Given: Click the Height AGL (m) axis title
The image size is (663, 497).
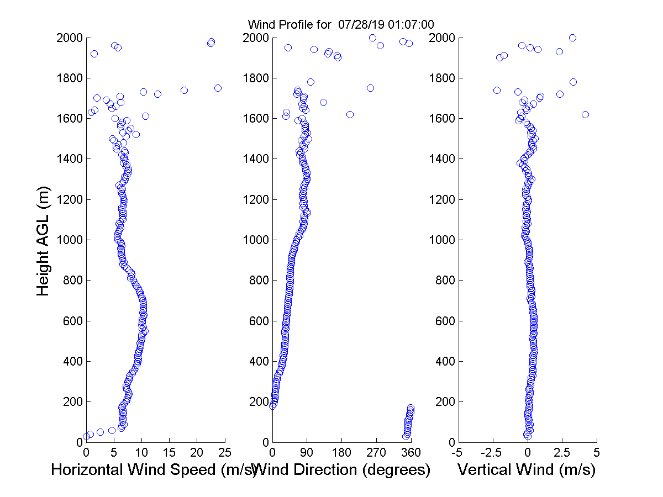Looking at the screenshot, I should [x=44, y=240].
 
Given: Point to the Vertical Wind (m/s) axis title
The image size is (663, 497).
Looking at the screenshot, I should [x=527, y=470].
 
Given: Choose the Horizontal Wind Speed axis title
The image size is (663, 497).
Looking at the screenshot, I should [x=154, y=470].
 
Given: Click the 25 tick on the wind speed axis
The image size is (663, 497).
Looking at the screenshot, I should [x=225, y=452].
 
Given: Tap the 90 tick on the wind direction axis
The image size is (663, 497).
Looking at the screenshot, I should [x=307, y=452].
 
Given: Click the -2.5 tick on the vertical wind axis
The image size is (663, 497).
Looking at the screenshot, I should [x=492, y=452].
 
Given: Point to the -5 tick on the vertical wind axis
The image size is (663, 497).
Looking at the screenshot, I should [x=457, y=452].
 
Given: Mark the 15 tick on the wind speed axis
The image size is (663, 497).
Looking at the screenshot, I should [x=169, y=452].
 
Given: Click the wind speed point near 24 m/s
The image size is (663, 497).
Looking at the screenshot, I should [x=218, y=88].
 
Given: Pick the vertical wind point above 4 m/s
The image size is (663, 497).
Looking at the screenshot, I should [x=585, y=114].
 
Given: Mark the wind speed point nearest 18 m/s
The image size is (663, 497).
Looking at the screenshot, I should [x=184, y=90].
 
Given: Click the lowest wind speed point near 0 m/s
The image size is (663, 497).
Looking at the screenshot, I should [x=86, y=436].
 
